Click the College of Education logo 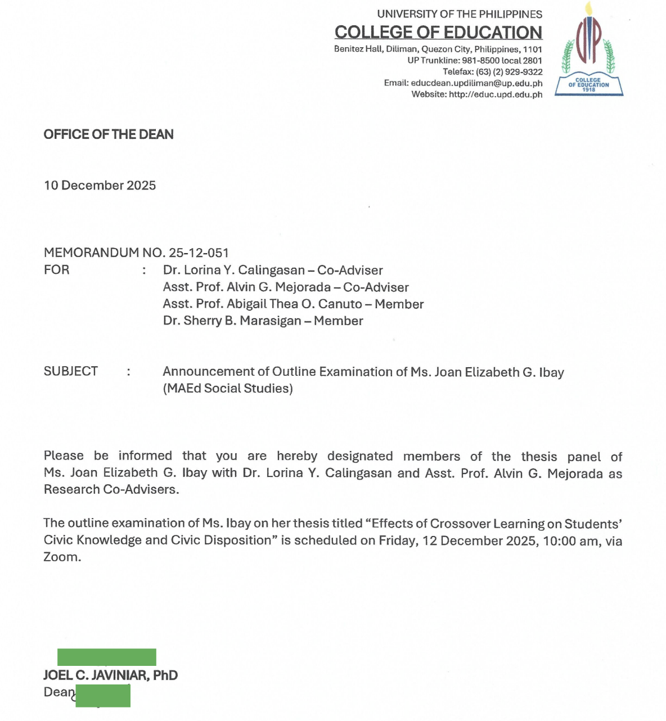pos(589,51)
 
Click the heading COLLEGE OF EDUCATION pos(438,32)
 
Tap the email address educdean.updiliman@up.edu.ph pos(476,83)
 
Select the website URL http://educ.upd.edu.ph pos(496,94)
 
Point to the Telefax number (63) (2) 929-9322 pos(509,72)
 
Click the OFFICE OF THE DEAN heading pos(109,134)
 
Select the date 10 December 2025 pos(100,186)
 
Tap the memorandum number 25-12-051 pos(199,253)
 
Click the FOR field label pos(57,270)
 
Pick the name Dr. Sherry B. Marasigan pos(232,321)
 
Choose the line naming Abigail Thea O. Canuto pos(292,304)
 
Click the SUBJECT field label pos(71,371)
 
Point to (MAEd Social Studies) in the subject pos(228,389)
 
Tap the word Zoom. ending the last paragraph pos(62,557)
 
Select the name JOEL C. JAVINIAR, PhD pos(111,675)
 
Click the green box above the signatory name pos(107,657)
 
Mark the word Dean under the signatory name pos(58,692)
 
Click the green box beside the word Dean pos(103,696)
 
